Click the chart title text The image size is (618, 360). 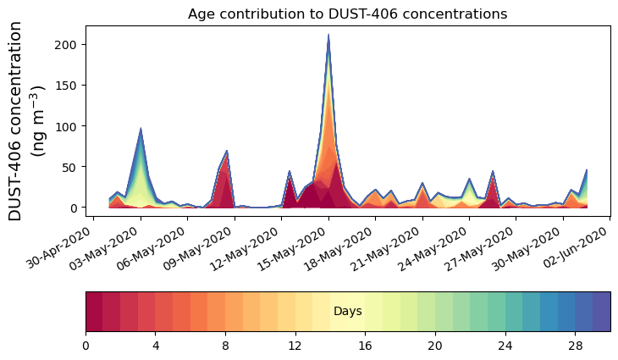347,14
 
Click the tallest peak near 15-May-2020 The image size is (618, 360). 328,36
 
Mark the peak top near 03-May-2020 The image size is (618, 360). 141,130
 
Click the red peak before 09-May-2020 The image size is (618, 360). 227,152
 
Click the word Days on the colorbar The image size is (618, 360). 347,312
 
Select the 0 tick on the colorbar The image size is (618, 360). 86,346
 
